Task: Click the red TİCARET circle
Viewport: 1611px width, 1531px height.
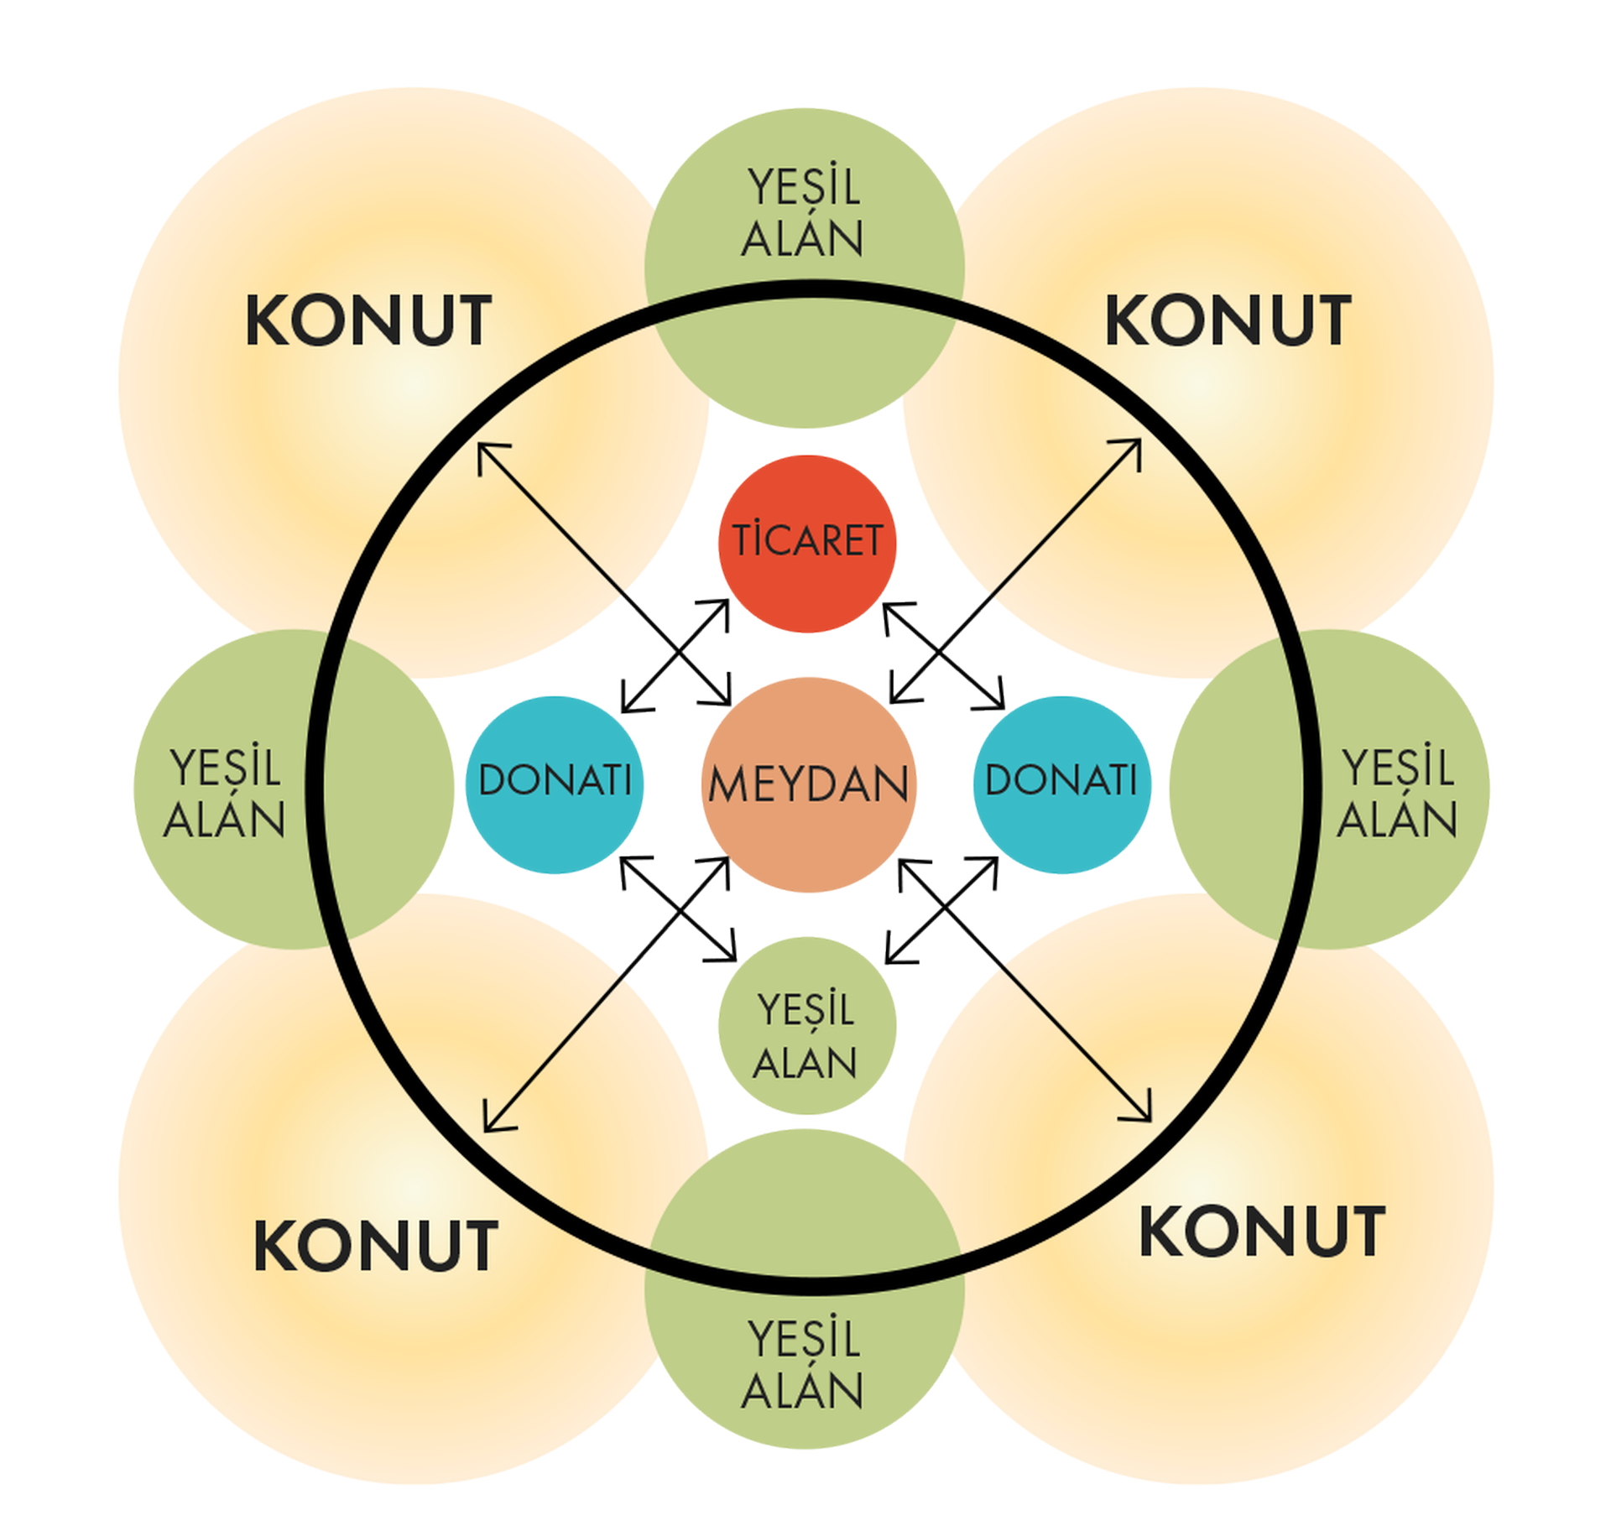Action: coord(807,543)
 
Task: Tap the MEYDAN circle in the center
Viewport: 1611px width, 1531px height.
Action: coord(809,784)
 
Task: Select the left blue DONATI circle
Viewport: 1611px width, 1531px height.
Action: coord(555,784)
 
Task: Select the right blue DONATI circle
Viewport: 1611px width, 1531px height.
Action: coord(1061,784)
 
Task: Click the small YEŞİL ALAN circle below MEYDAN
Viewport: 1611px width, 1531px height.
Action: coord(807,1025)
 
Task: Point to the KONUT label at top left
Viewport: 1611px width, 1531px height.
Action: coord(368,321)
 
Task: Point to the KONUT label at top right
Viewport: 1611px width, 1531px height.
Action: coord(1228,321)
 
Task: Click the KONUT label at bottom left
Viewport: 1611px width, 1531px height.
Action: coord(376,1247)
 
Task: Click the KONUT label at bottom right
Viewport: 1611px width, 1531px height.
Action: coord(1262,1232)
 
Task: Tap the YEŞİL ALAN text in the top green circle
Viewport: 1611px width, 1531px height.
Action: coord(804,213)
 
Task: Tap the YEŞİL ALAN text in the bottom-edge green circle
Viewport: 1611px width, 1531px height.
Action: coord(804,1365)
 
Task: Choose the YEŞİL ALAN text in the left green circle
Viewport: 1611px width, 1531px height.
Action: coord(225,793)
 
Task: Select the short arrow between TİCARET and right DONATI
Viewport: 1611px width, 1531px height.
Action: coord(943,656)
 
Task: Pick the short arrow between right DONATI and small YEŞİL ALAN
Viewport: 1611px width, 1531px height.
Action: coord(941,910)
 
